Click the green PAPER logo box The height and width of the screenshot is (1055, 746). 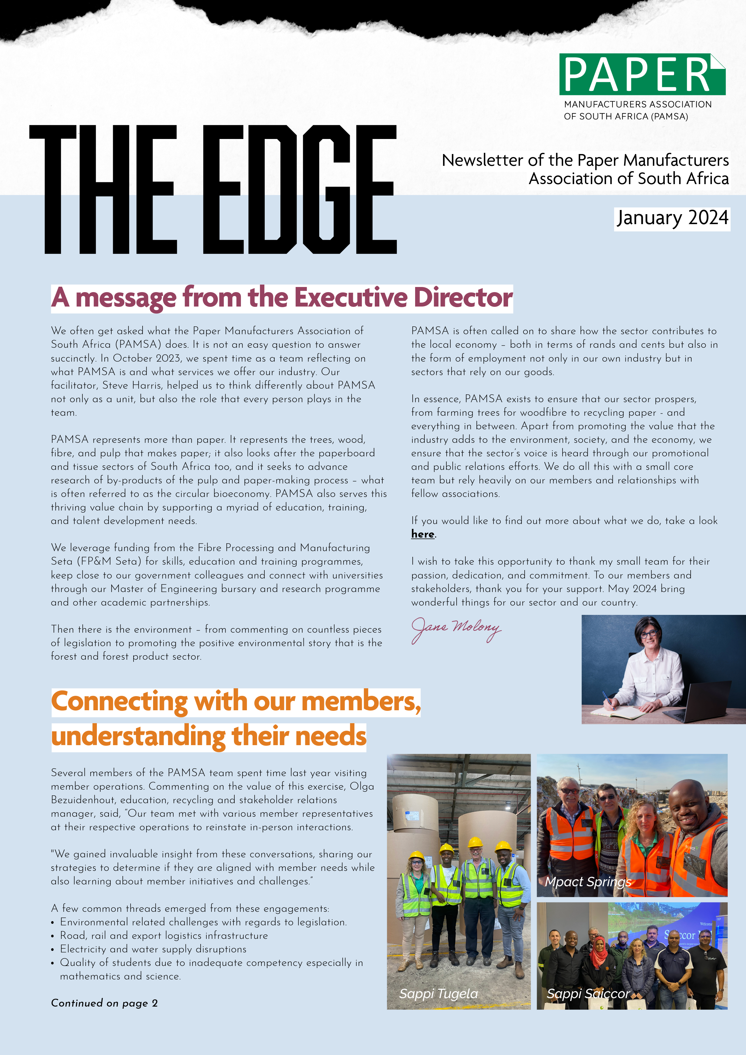[642, 74]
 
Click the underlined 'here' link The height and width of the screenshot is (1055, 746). [423, 534]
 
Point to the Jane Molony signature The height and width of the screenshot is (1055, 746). [456, 629]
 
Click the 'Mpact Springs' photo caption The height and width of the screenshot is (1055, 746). [588, 882]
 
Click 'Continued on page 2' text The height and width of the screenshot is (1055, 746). [104, 1003]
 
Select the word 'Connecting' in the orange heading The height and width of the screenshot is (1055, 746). [119, 702]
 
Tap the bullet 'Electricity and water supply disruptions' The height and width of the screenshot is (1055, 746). [153, 949]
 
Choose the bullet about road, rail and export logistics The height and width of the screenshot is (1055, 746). [164, 936]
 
